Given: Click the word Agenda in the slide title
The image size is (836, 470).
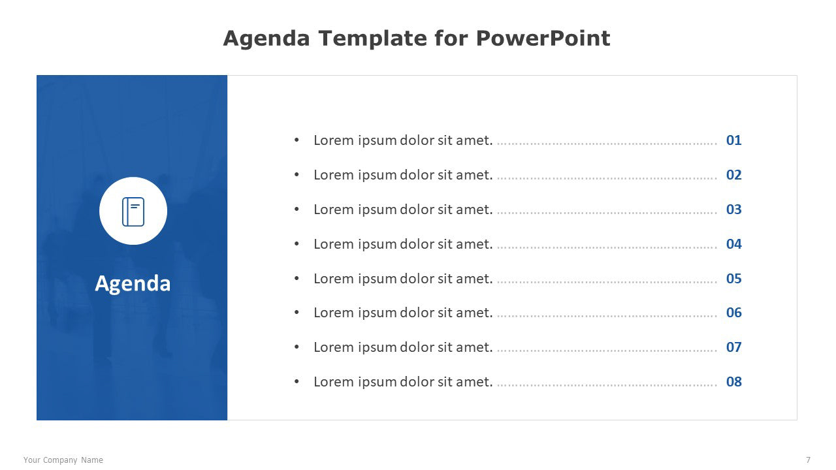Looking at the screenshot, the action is (x=266, y=39).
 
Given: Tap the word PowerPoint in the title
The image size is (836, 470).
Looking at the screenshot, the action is (x=543, y=38).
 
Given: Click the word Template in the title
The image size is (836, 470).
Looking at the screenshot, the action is (x=372, y=39).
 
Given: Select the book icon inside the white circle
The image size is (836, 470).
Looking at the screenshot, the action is (x=133, y=211).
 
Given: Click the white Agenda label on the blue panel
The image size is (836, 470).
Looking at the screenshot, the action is (x=133, y=284).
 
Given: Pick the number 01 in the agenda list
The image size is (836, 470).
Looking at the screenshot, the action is (x=733, y=140).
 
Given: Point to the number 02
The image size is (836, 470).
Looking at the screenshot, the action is (x=733, y=175).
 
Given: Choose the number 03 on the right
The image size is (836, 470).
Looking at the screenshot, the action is (x=733, y=210).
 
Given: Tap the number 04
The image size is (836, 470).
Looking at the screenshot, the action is (x=733, y=244).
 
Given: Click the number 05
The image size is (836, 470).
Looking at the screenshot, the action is (x=733, y=279).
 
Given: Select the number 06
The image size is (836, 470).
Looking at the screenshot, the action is (x=733, y=313).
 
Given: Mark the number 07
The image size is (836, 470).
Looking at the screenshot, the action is (x=733, y=347).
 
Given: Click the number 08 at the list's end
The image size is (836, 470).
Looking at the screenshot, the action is (x=733, y=382).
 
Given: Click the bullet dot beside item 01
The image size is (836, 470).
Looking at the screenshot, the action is (x=297, y=140).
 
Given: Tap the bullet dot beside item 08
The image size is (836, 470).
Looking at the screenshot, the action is (x=297, y=381).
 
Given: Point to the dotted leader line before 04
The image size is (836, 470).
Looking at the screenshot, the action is (x=607, y=247).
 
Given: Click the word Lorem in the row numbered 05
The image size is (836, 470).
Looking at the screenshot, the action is (x=334, y=279).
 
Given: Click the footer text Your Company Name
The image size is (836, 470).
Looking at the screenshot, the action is (x=63, y=460).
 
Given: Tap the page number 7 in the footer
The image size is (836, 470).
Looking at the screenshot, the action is (x=808, y=460).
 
